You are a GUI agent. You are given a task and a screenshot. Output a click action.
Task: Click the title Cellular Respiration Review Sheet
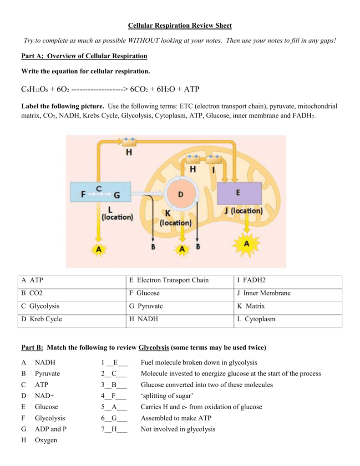tap(180, 26)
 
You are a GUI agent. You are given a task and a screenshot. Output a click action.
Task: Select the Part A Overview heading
tap(85, 56)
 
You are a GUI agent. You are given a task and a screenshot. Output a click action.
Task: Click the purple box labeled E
tap(239, 193)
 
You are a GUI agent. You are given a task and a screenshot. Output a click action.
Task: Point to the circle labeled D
tap(181, 194)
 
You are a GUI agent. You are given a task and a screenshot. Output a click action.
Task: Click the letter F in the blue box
tap(83, 195)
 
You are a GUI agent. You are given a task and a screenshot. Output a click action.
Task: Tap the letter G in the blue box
tap(117, 195)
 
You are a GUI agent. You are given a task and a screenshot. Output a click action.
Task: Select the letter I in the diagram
tap(213, 169)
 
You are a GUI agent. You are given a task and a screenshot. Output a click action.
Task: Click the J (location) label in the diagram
tap(243, 211)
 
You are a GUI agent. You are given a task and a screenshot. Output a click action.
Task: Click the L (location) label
tap(117, 213)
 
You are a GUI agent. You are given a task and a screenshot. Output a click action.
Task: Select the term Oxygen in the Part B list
tap(46, 440)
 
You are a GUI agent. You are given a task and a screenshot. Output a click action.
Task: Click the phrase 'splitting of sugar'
tap(167, 396)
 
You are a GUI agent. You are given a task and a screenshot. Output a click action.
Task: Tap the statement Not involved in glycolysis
tap(178, 429)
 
